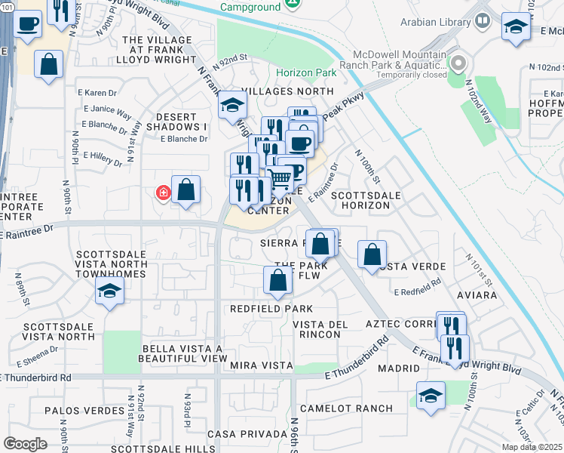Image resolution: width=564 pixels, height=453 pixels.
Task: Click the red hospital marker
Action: pos(163,193)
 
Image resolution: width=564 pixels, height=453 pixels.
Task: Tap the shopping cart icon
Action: pos(280,179)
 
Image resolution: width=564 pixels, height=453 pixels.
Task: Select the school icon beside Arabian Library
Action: pos(516,27)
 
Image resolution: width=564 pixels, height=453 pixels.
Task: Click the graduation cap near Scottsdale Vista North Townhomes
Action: pos(109,291)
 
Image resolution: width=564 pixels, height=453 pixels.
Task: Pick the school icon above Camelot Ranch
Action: pos(431,395)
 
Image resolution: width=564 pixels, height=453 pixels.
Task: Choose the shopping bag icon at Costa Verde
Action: pos(372,254)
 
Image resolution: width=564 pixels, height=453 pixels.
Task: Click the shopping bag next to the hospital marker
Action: pos(186,190)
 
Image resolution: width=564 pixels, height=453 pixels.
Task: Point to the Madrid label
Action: pos(400,368)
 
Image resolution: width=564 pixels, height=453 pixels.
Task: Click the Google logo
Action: pos(25,444)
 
